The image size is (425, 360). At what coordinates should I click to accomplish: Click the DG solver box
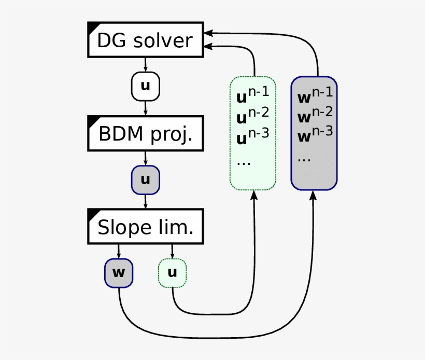click(x=145, y=40)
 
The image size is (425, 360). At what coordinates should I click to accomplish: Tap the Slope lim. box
click(x=145, y=227)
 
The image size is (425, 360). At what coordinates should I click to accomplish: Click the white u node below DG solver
click(x=146, y=86)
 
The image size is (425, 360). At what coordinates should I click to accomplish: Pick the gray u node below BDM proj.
click(x=146, y=179)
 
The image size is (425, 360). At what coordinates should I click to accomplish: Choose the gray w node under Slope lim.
click(x=119, y=273)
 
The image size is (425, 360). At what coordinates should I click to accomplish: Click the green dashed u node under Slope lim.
click(x=172, y=273)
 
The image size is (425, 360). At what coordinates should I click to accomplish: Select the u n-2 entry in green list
click(x=252, y=117)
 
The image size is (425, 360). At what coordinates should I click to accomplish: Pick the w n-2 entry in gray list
click(x=314, y=116)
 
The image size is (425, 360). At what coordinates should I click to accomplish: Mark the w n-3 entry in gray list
click(x=314, y=136)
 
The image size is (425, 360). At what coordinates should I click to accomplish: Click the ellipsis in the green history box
click(x=244, y=162)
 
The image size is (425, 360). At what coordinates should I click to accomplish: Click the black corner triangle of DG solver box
click(x=92, y=26)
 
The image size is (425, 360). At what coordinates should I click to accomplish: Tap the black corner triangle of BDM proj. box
click(x=92, y=119)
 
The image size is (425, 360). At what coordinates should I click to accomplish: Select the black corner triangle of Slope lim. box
click(x=92, y=213)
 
